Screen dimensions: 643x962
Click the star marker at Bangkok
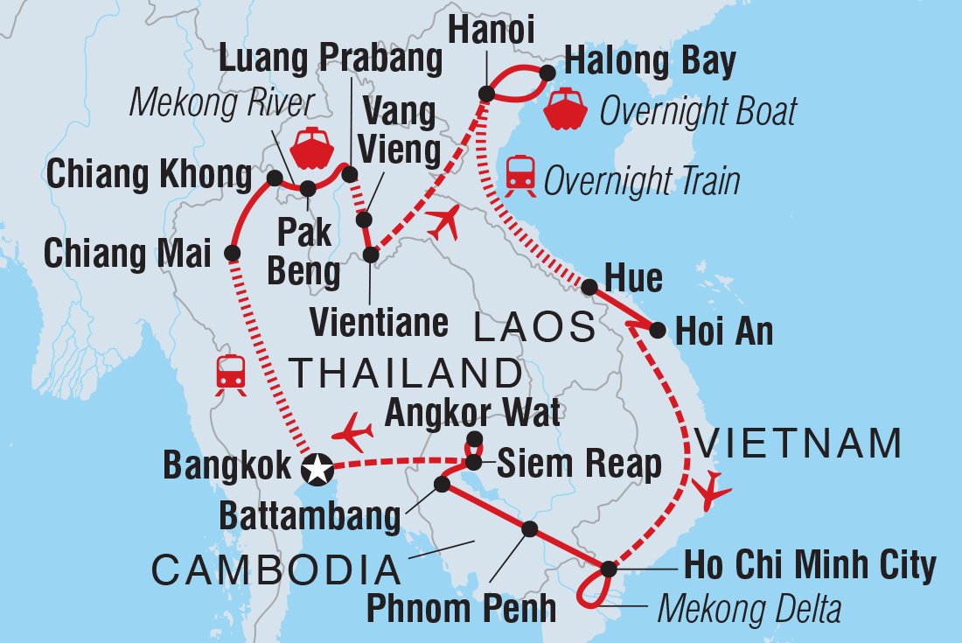pos(316,471)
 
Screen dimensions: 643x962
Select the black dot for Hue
pos(589,286)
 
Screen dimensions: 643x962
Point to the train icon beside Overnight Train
pos(520,173)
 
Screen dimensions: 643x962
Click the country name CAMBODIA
pos(275,570)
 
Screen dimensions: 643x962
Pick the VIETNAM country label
pos(798,444)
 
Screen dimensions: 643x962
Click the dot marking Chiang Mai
pos(233,254)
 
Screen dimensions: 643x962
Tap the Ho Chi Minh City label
pos(810,566)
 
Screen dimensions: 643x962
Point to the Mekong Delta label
pos(749,608)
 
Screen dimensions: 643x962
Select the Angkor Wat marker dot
pos(474,439)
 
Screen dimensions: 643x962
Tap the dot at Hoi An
pos(658,330)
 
